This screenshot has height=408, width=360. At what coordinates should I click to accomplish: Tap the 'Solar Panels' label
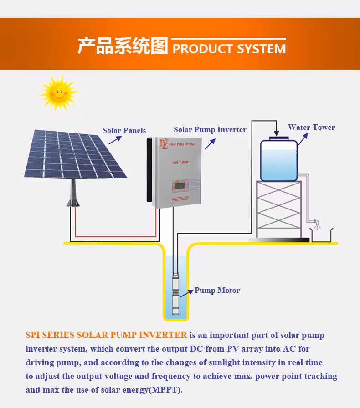coord(124,131)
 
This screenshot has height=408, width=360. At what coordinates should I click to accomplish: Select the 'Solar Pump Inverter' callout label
coord(210,130)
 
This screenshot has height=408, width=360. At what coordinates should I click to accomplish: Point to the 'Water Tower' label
coord(311,127)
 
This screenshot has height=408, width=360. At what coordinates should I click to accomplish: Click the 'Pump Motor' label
coord(217,291)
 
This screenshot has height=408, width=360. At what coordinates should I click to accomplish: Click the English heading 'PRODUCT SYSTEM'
coord(229,49)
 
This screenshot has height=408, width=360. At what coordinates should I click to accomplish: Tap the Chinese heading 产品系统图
coord(123,46)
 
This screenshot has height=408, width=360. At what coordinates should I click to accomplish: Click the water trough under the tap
coord(322,235)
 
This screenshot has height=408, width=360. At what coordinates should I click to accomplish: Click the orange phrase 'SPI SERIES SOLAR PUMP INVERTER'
coord(106,336)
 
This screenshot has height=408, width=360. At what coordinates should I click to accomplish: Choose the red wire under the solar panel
coord(114,236)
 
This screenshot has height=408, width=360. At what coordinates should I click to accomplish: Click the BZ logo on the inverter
coord(163,144)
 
